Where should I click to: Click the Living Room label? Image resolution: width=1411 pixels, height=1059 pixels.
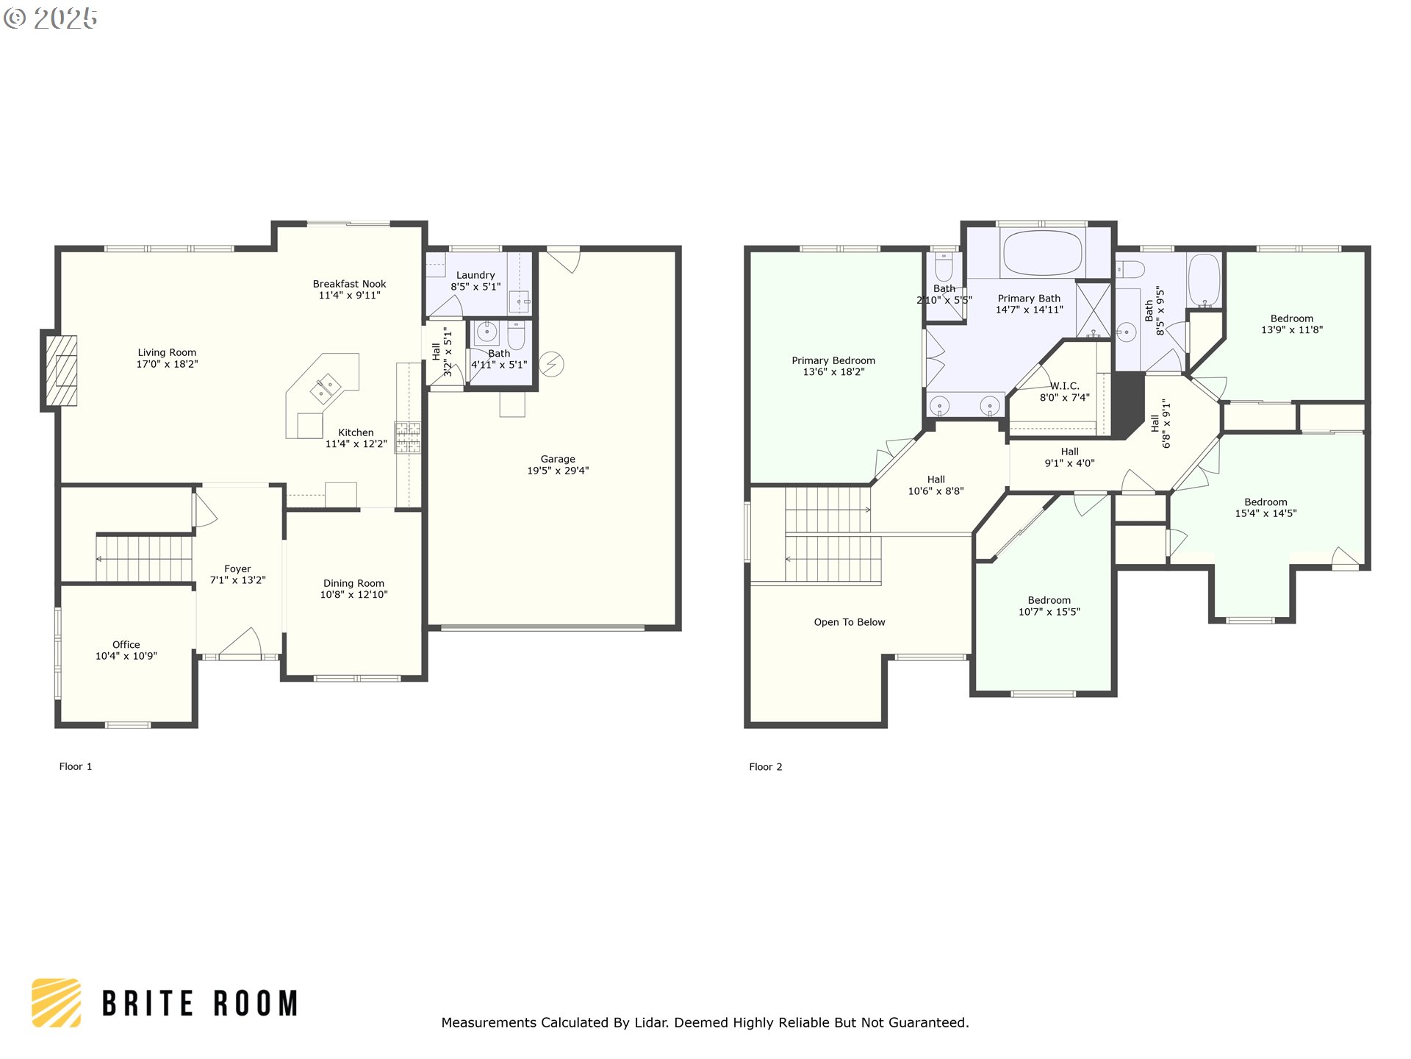167,352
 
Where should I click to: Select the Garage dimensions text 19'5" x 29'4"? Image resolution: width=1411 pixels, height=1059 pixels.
558,471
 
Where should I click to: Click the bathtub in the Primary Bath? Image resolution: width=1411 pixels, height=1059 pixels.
1042,252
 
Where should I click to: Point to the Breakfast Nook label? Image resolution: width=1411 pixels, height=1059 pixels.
349,284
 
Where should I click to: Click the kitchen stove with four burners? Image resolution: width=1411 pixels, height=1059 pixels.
408,438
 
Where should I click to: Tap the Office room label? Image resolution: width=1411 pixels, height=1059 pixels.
126,644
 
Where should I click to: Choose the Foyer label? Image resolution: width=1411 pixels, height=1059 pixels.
237,568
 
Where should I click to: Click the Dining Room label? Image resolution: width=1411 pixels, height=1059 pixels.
353,583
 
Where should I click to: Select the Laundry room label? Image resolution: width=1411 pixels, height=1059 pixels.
475,275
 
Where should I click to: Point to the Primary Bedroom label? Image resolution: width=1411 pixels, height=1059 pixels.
833,360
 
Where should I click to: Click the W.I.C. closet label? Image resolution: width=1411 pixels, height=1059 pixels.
1064,386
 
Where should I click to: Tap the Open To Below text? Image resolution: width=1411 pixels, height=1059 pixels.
850,622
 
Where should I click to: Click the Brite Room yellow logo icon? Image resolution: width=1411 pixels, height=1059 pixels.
57,1002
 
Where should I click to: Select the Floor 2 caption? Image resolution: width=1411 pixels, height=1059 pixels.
766,766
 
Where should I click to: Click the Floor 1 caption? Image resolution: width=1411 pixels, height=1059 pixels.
76,766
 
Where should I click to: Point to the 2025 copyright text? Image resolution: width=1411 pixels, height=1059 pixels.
51,18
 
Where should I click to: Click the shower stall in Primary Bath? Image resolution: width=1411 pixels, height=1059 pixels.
1094,310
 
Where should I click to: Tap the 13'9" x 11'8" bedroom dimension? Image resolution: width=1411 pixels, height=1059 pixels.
1292,330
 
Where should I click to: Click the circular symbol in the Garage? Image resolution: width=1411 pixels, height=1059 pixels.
552,363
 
